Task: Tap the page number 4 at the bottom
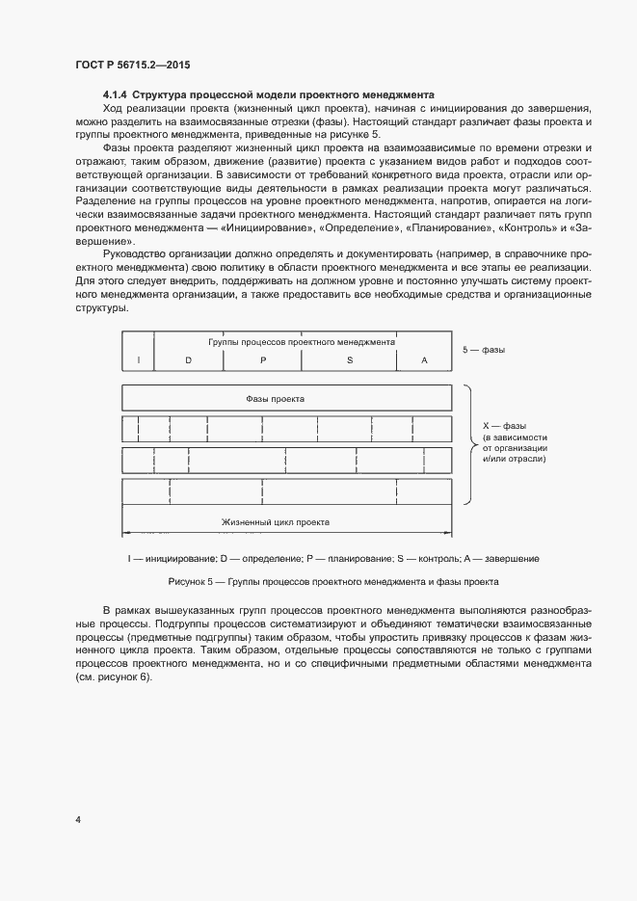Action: (78, 820)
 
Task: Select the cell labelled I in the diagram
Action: (139, 359)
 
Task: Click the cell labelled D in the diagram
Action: (189, 359)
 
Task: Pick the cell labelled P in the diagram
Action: (262, 359)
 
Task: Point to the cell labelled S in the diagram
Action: (350, 359)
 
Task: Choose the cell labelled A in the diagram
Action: (424, 359)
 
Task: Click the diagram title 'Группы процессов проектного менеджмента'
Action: (302, 342)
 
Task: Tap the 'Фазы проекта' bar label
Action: (276, 397)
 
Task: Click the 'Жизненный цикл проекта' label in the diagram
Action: (276, 521)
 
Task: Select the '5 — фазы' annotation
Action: (484, 350)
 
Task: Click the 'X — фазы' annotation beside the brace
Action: (503, 425)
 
